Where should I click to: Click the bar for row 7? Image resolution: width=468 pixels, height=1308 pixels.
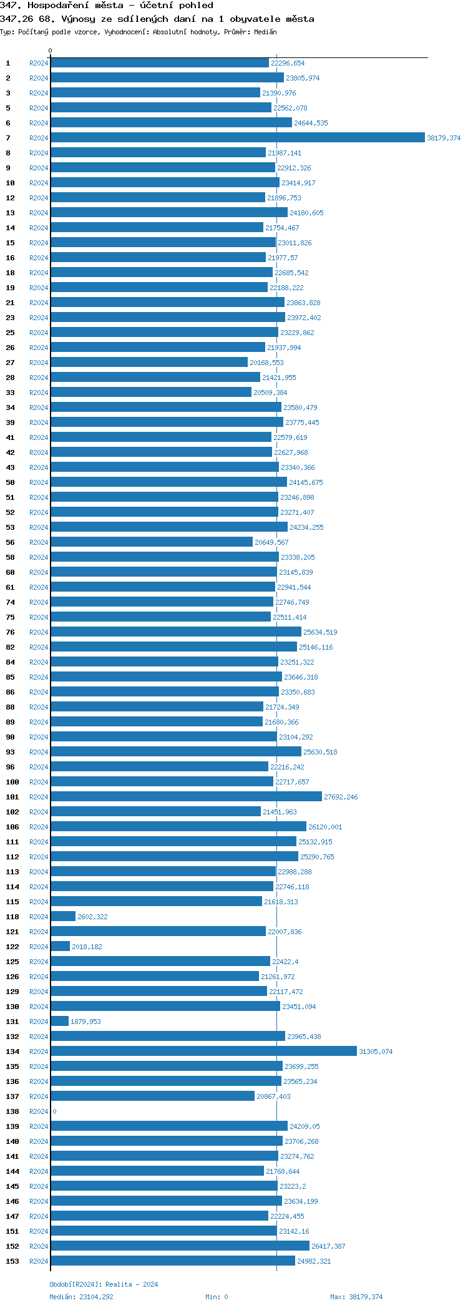[x=237, y=138]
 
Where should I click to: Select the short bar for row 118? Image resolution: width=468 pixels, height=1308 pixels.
[x=63, y=917]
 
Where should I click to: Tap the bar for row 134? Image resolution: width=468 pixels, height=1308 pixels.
[x=203, y=1052]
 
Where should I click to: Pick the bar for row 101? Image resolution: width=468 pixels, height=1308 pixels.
[x=186, y=797]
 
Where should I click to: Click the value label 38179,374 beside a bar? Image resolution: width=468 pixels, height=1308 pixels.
[x=444, y=138]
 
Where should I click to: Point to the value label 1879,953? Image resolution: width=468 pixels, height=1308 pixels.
[x=85, y=1022]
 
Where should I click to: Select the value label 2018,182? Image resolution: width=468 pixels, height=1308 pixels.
[x=87, y=947]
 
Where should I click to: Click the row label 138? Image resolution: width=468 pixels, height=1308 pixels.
[x=12, y=1111]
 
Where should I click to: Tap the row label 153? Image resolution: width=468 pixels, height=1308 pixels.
[x=12, y=1261]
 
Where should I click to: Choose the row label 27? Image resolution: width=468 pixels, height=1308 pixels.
[x=10, y=363]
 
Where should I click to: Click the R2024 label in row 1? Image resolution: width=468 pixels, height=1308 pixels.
[x=39, y=63]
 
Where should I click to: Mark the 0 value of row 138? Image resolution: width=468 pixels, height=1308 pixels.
[x=54, y=1111]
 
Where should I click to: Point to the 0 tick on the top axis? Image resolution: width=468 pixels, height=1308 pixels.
[x=51, y=51]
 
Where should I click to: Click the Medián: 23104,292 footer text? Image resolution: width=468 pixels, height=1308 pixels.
[x=81, y=1297]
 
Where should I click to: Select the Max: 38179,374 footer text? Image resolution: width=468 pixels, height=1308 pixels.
[x=356, y=1297]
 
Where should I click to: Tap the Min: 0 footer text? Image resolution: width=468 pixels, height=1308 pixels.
[x=217, y=1297]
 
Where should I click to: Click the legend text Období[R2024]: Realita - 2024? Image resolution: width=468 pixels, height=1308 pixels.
[x=104, y=1284]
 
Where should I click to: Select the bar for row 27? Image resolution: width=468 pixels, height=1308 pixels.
[x=149, y=363]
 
